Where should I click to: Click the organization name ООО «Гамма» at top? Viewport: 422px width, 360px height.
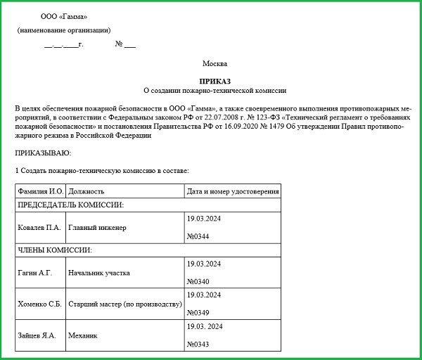(65, 16)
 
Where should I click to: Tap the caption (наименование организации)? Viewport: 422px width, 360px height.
(64, 30)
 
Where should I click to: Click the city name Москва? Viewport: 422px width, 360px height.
(215, 64)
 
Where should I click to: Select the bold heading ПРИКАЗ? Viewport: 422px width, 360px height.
(215, 81)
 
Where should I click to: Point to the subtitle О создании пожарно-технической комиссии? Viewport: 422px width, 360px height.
(215, 91)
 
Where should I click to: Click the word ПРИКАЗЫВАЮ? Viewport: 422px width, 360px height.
(43, 153)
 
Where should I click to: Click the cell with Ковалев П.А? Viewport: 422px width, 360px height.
(39, 228)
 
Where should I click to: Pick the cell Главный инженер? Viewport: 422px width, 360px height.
(98, 228)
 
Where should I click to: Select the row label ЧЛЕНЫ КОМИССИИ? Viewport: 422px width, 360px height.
(55, 250)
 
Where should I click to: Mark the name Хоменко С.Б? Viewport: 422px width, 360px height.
(41, 304)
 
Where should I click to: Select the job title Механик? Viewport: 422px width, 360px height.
(83, 335)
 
